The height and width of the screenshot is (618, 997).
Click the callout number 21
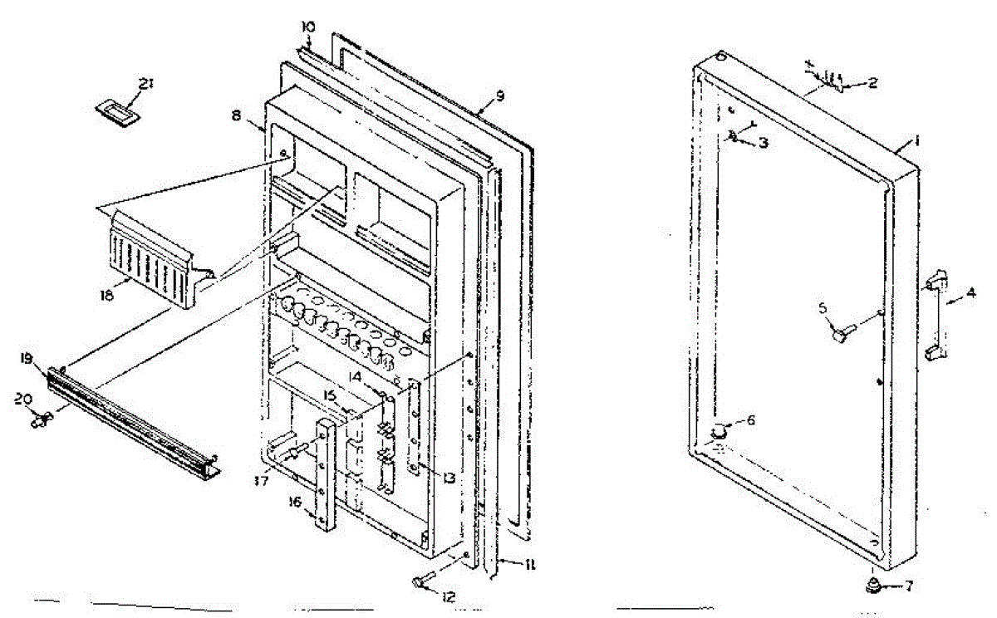click(x=146, y=83)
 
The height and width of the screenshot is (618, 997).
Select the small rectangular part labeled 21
click(x=116, y=112)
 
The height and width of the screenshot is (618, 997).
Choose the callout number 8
click(x=237, y=117)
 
